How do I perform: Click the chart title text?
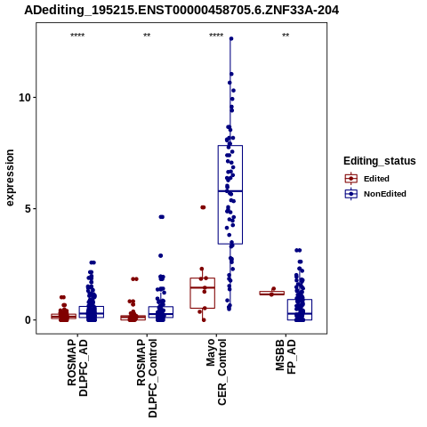(x=181, y=11)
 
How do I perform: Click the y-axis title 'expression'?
(x=10, y=178)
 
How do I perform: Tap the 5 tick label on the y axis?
(x=28, y=209)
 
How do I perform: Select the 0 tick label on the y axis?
(x=28, y=320)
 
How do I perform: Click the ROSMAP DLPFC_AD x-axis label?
(x=77, y=368)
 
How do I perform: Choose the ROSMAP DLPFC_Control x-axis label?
(x=147, y=378)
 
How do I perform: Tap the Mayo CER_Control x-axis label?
(x=216, y=372)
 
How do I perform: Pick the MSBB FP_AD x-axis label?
(x=286, y=357)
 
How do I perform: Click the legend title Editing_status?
(x=380, y=161)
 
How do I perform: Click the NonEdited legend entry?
(x=375, y=194)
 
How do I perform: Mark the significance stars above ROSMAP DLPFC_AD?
(x=77, y=36)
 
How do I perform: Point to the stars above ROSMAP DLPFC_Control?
(x=147, y=36)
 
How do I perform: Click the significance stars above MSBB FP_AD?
(x=286, y=36)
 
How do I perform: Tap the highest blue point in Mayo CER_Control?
(x=231, y=38)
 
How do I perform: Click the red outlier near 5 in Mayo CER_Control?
(x=203, y=207)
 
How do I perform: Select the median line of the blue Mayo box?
(x=230, y=191)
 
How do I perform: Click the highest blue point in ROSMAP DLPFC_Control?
(x=162, y=217)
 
